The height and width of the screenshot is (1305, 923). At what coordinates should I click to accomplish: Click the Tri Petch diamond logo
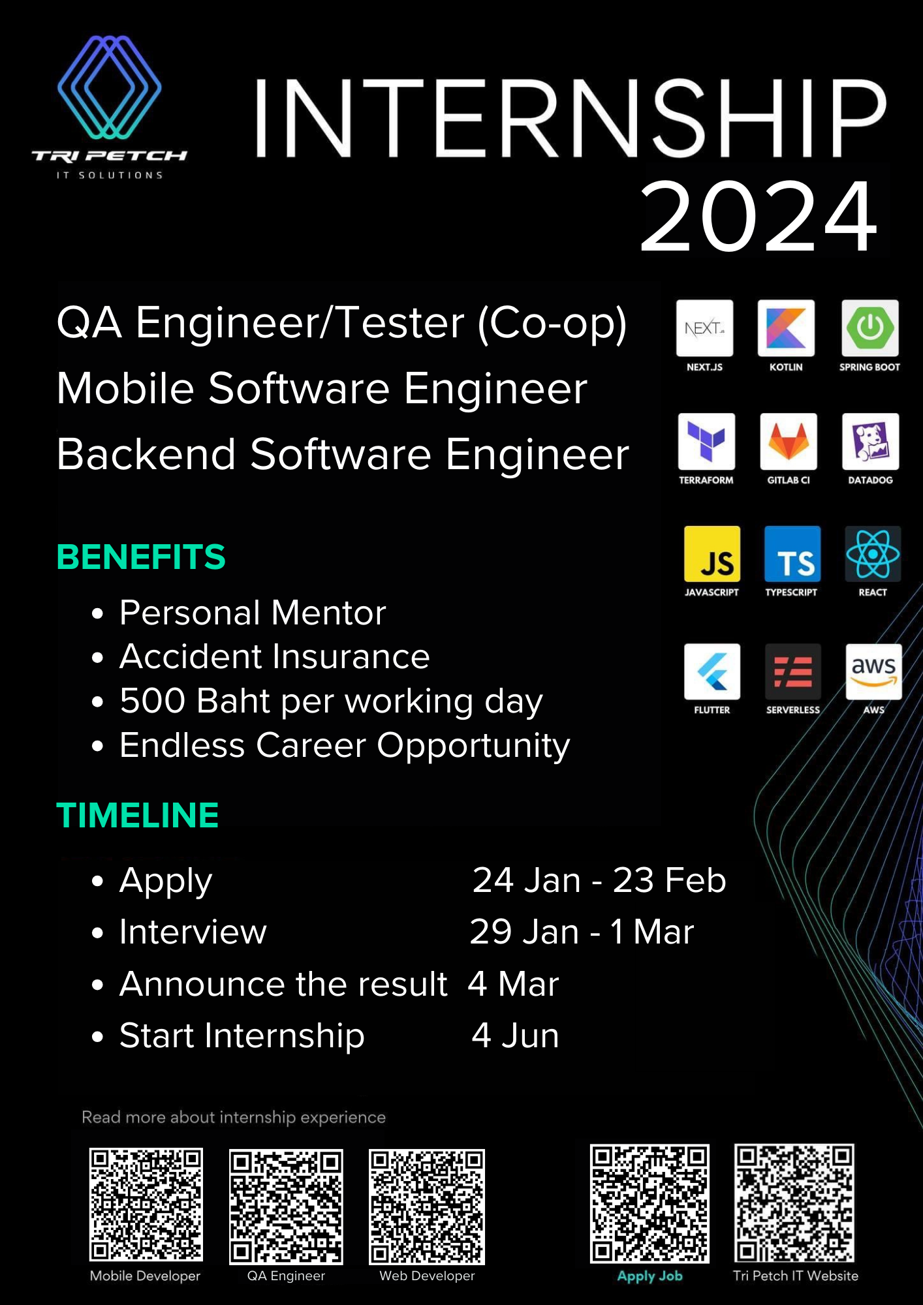pos(109,87)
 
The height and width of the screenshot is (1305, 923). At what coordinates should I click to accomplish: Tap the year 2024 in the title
pos(759,217)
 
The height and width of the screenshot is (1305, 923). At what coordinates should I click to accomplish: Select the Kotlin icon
pos(786,328)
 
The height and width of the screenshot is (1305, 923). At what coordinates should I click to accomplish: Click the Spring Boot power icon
pos(870,328)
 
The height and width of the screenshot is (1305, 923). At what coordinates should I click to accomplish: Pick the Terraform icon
pos(706,441)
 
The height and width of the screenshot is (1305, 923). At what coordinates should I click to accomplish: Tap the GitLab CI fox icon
pos(789,441)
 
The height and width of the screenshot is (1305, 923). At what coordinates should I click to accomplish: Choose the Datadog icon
pos(871,441)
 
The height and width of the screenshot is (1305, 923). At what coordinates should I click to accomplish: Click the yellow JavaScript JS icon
pos(712,554)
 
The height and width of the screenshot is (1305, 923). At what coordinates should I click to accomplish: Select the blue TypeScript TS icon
pos(792,554)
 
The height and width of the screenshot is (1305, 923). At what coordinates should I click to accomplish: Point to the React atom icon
pos(873,554)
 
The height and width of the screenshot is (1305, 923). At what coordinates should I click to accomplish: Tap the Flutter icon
pos(712,672)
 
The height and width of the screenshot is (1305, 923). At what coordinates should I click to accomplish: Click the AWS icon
pos(874,672)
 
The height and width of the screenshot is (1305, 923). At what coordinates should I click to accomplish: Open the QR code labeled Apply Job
pos(649,1203)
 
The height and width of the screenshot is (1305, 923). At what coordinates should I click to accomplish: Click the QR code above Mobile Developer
pos(146,1205)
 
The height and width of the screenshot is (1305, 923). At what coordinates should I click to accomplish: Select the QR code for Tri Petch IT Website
pos(794,1203)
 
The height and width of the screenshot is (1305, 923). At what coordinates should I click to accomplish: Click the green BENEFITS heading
pos(141,557)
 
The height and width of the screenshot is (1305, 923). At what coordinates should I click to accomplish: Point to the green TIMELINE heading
pos(138,816)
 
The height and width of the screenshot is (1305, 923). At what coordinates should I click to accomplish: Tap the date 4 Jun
pos(516,1036)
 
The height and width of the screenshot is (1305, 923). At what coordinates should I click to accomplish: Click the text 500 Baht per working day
pos(331,701)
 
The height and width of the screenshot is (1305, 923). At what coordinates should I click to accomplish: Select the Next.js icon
pos(705,328)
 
